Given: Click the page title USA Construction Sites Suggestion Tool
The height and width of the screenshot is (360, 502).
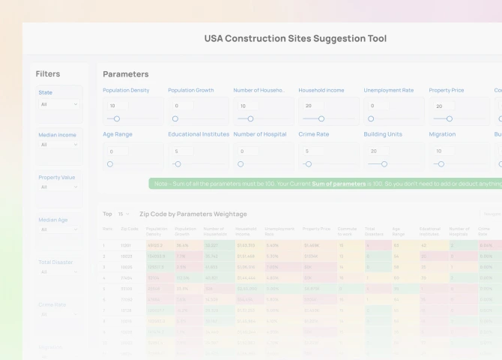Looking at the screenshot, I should [x=295, y=38].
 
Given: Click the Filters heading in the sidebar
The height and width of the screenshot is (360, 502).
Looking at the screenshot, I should [x=48, y=73].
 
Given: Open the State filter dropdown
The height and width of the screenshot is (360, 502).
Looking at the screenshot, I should [x=59, y=104].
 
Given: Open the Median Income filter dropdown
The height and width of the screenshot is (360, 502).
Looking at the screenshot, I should [x=59, y=145].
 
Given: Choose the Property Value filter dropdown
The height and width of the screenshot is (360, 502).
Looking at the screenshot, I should [x=59, y=187].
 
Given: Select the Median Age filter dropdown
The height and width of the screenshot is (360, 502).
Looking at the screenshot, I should [x=59, y=229].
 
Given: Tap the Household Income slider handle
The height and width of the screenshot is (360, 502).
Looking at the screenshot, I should [x=321, y=118].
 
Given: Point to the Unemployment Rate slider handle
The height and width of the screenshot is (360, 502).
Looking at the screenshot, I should [x=371, y=118].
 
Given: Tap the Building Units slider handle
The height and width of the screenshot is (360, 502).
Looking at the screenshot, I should [x=384, y=163].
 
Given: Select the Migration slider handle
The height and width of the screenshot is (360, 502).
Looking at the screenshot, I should [x=441, y=163].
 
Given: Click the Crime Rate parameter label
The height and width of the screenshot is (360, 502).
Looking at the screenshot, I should [x=313, y=134].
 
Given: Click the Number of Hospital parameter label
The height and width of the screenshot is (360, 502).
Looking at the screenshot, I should [x=260, y=134].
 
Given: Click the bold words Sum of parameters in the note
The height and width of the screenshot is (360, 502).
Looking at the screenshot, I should [x=339, y=184].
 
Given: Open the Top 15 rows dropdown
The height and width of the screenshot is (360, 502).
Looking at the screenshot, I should [x=124, y=214].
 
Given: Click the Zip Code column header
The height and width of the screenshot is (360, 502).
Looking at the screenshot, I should [x=130, y=229].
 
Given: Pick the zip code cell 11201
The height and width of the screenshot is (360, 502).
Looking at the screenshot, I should [x=126, y=245].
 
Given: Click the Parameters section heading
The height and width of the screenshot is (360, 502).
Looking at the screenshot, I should [x=126, y=74].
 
